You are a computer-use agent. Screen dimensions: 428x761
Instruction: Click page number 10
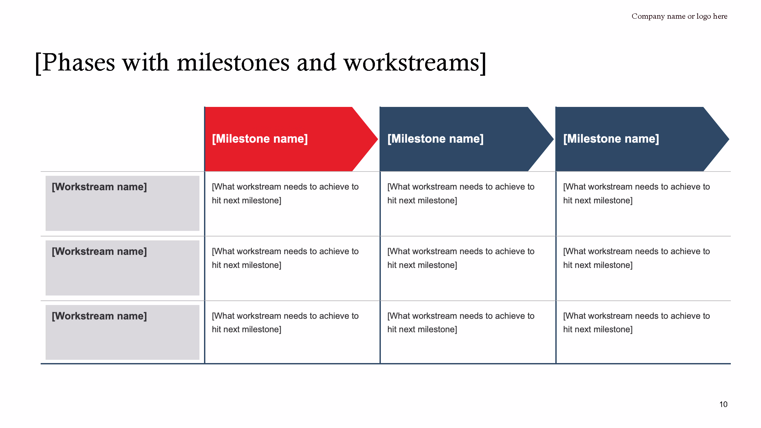click(723, 404)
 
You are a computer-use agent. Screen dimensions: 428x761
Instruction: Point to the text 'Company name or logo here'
click(679, 16)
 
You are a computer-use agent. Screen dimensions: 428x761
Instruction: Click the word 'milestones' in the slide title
click(233, 63)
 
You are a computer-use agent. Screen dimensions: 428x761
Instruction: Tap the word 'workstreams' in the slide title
click(412, 63)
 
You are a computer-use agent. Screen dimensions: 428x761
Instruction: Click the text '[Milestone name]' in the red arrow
click(260, 139)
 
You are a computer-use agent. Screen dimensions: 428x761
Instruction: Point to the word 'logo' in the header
click(704, 16)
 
